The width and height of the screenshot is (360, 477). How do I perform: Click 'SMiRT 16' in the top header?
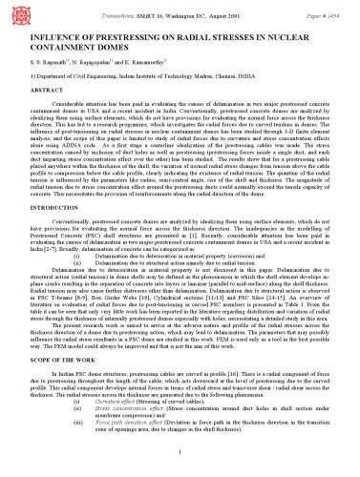[x=146, y=8]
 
